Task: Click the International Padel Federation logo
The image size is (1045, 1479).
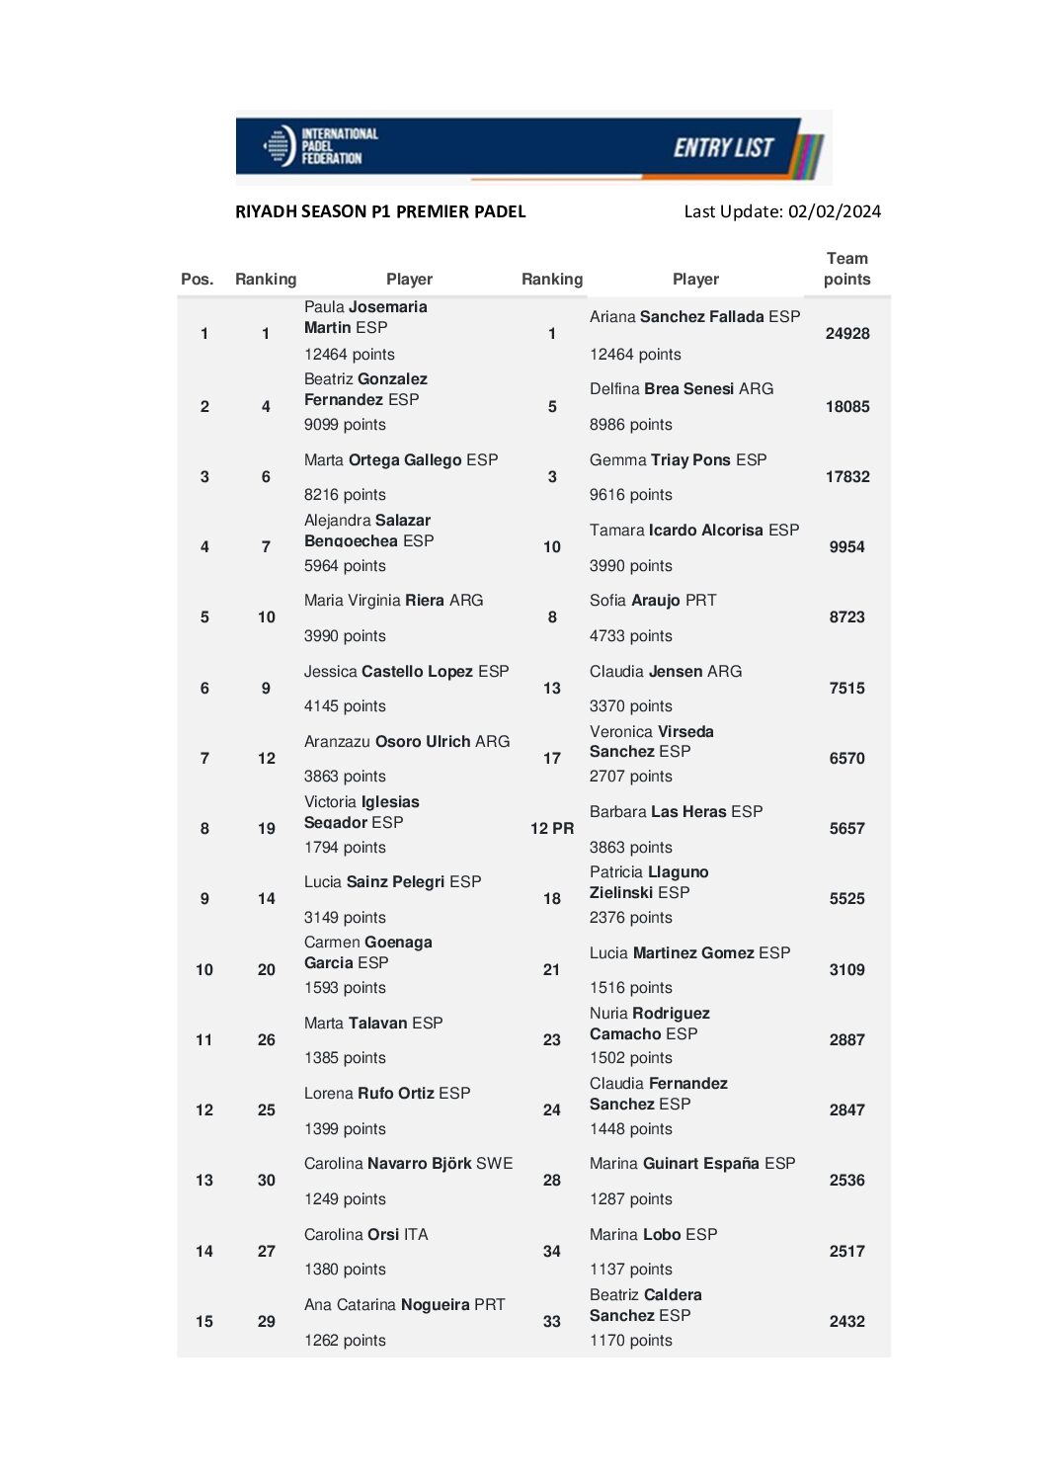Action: (321, 146)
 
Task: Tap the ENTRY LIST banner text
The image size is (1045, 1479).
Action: (723, 148)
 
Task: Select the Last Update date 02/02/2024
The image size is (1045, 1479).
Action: (834, 211)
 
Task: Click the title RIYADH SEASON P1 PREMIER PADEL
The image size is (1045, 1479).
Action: (380, 211)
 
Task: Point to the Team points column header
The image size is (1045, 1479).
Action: (846, 269)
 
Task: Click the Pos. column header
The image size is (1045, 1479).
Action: (197, 280)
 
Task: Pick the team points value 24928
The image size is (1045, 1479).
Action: (846, 334)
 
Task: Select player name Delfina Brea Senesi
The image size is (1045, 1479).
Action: (682, 389)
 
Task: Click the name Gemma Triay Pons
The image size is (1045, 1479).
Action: (678, 460)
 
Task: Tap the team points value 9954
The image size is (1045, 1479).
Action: (846, 547)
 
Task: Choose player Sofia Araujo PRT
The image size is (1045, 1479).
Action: (653, 601)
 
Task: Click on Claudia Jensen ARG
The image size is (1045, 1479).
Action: (666, 672)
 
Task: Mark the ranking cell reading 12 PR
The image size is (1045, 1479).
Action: (551, 829)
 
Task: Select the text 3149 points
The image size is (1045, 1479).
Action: (345, 918)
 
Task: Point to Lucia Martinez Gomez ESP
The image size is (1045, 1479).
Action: (689, 953)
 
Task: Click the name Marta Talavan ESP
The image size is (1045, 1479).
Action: (373, 1024)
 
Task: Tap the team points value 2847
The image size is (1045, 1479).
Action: (846, 1110)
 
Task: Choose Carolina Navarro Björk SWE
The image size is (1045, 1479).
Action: (408, 1164)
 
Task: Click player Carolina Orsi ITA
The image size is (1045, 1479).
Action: (366, 1235)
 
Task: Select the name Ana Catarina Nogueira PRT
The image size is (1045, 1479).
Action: (404, 1305)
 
